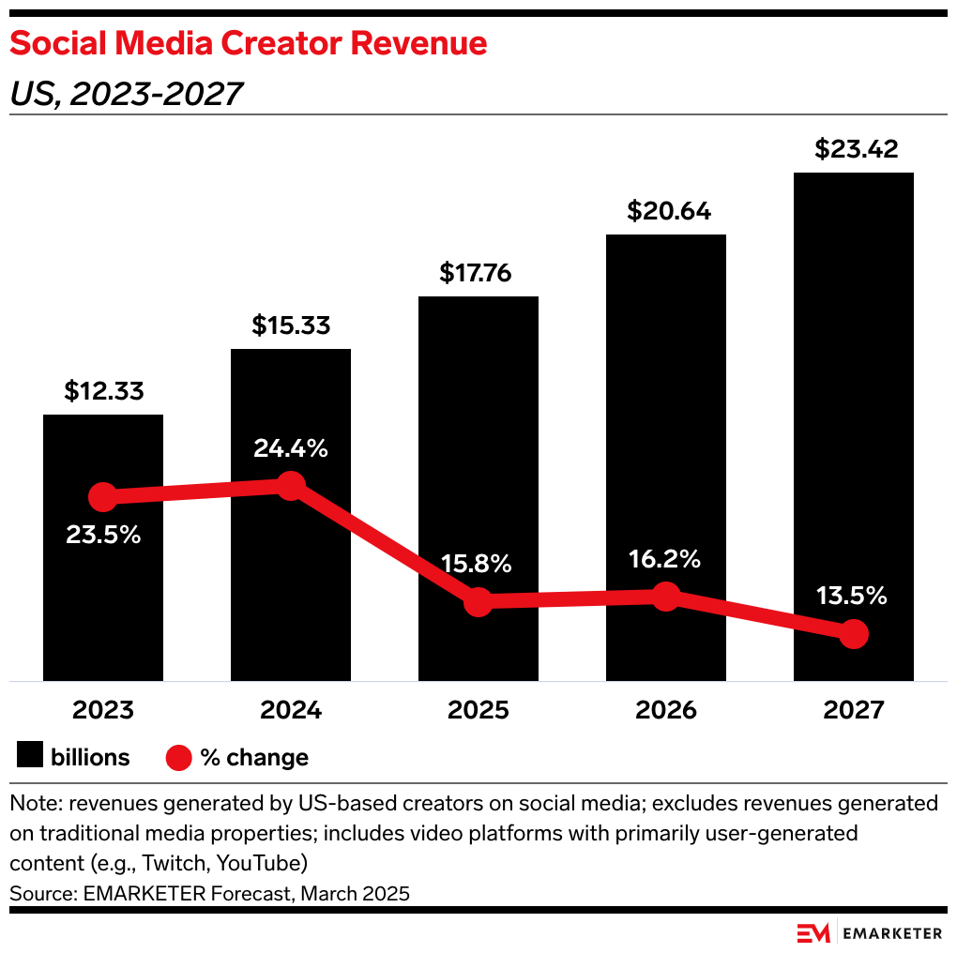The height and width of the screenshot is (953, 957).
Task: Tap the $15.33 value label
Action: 291,325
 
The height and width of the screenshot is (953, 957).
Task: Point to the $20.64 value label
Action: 665,211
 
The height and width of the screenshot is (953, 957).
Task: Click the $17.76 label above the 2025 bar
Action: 478,273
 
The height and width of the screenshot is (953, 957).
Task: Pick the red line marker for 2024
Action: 291,486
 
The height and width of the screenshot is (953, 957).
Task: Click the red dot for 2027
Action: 853,634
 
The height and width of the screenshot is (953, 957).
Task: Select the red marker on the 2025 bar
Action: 478,602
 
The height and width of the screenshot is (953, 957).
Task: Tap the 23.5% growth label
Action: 103,536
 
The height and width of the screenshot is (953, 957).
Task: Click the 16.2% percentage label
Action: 665,560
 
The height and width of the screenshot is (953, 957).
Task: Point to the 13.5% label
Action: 852,596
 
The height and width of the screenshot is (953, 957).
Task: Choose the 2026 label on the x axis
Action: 665,710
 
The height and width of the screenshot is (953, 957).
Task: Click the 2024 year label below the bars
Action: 291,710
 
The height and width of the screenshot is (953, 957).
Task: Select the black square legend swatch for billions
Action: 31,757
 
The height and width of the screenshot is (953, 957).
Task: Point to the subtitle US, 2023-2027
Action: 127,93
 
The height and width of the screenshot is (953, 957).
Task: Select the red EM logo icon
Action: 813,932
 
